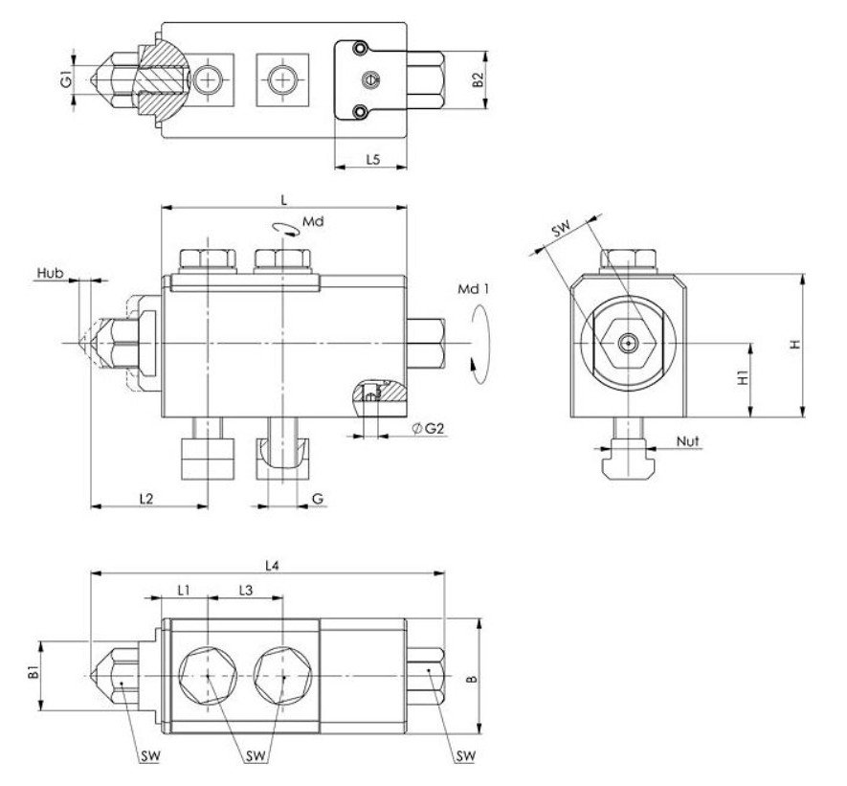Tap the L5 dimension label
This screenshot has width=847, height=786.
(x=373, y=161)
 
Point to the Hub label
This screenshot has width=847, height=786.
(x=50, y=273)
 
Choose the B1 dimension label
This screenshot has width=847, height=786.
(x=33, y=672)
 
